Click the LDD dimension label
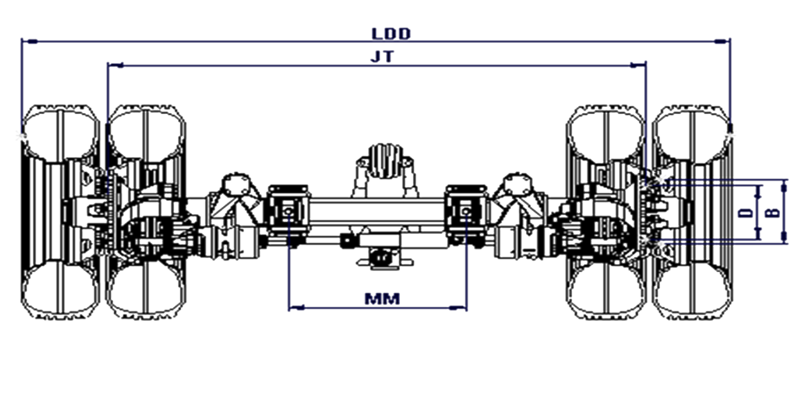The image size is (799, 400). (391, 34)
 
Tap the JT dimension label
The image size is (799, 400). (382, 57)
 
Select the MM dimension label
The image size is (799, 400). (382, 299)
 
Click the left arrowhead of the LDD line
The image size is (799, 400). (29, 41)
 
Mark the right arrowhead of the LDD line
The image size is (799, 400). (722, 41)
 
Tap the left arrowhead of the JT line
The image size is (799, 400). (115, 66)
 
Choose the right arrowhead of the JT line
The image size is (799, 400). (638, 66)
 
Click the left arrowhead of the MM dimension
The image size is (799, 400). (297, 307)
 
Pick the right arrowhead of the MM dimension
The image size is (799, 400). (459, 307)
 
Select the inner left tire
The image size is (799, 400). (146, 212)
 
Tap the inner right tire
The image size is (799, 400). (606, 212)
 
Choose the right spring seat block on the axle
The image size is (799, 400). (466, 211)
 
